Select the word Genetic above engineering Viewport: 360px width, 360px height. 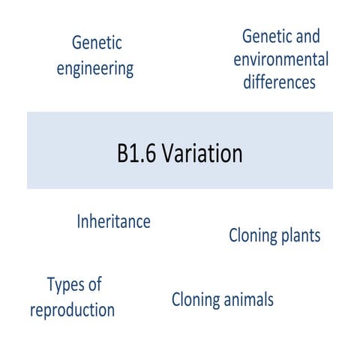point(97,43)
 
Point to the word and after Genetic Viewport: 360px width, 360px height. point(307,36)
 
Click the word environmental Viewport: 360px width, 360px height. point(286,59)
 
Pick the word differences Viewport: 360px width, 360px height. point(279,81)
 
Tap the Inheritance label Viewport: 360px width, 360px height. point(114,222)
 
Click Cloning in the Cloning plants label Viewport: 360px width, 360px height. point(253,236)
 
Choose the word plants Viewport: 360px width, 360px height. point(301,237)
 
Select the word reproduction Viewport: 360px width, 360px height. point(72,310)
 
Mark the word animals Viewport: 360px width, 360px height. point(249,301)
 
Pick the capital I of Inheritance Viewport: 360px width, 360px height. point(79,222)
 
